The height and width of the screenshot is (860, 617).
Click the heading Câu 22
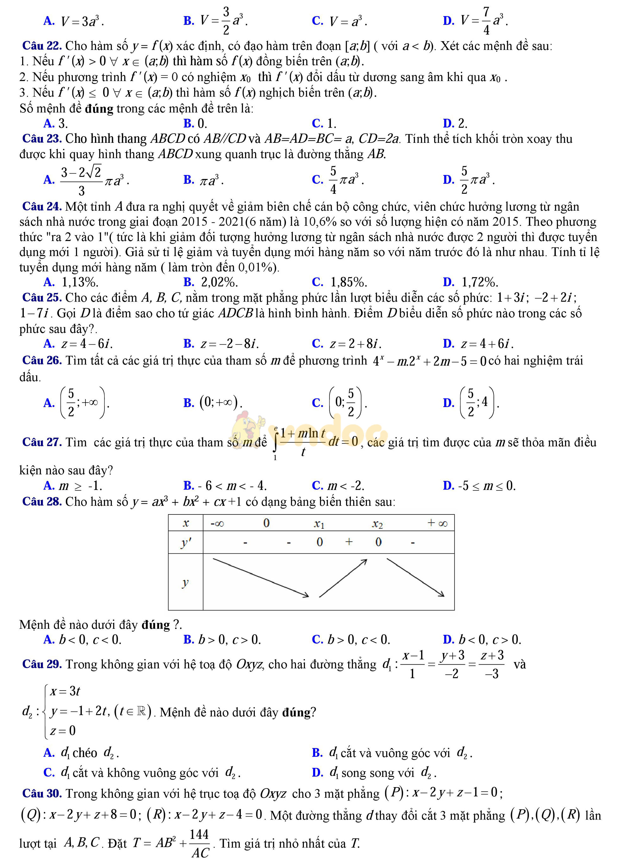[42, 46]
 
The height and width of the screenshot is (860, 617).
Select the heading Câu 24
[42, 207]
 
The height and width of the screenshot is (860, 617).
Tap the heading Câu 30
[42, 794]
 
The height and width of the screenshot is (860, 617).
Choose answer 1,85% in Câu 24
[348, 283]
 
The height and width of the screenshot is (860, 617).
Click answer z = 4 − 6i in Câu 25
[86, 344]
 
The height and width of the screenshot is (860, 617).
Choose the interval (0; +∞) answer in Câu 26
[221, 402]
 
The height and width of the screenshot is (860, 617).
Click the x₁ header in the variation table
[319, 524]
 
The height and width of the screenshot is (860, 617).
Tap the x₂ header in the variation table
[377, 524]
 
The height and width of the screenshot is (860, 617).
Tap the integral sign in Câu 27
[275, 442]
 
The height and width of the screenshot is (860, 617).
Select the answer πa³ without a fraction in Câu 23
[211, 180]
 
